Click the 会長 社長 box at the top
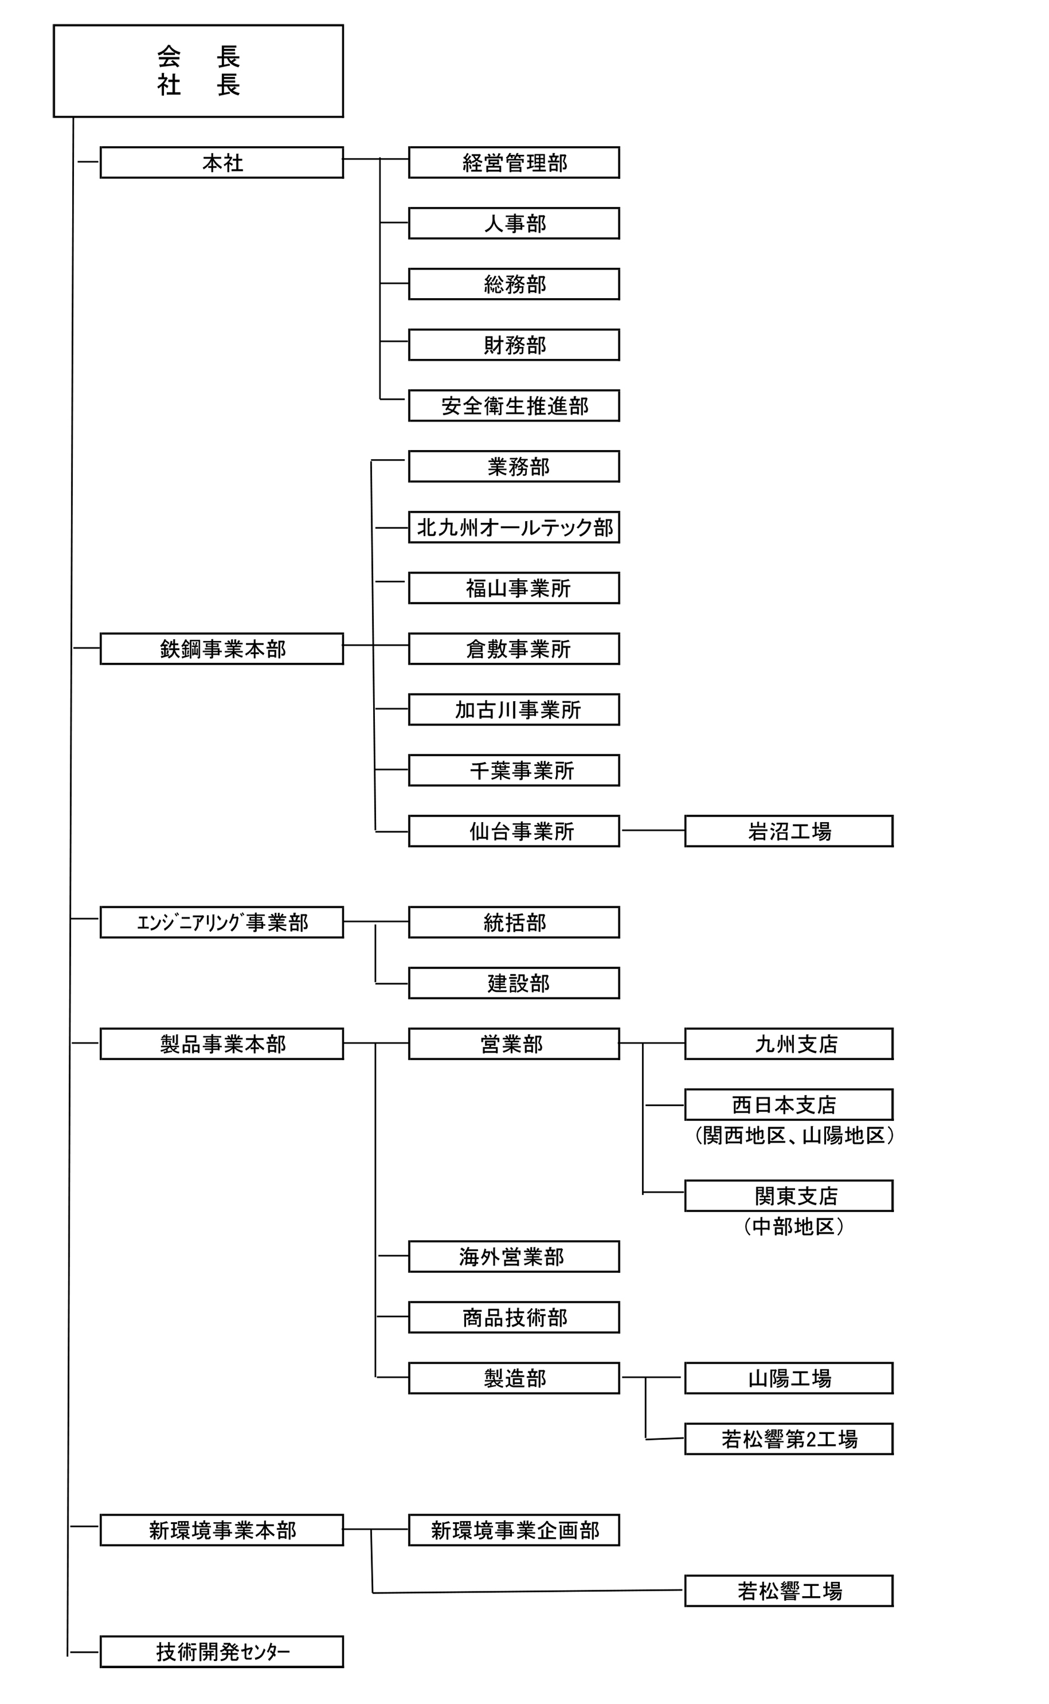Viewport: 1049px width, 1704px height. [x=198, y=71]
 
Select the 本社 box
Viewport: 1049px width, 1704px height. [x=221, y=162]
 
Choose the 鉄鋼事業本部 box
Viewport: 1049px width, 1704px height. [x=221, y=649]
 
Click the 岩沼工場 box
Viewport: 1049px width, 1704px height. [x=788, y=831]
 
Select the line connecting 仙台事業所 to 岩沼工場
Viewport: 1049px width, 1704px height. [x=652, y=830]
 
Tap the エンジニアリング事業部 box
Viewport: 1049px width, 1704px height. [x=221, y=922]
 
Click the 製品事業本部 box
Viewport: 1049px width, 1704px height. [x=221, y=1043]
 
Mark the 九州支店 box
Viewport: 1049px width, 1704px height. [x=788, y=1043]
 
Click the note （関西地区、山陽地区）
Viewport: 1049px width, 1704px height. [x=794, y=1136]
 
